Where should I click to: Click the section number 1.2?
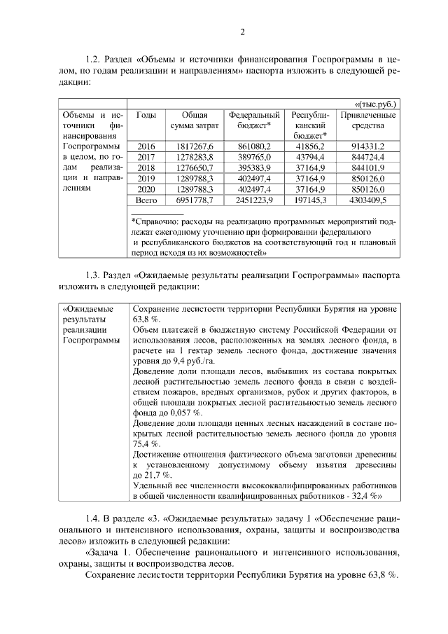(x=92, y=60)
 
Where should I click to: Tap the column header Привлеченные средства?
(x=367, y=120)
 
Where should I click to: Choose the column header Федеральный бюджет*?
(x=254, y=120)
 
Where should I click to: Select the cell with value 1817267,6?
(x=190, y=146)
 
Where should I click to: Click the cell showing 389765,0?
(x=255, y=157)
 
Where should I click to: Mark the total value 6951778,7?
(x=190, y=200)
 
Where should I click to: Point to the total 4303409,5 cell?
(x=367, y=200)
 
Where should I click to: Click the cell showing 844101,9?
(x=367, y=167)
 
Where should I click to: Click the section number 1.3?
(x=92, y=275)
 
